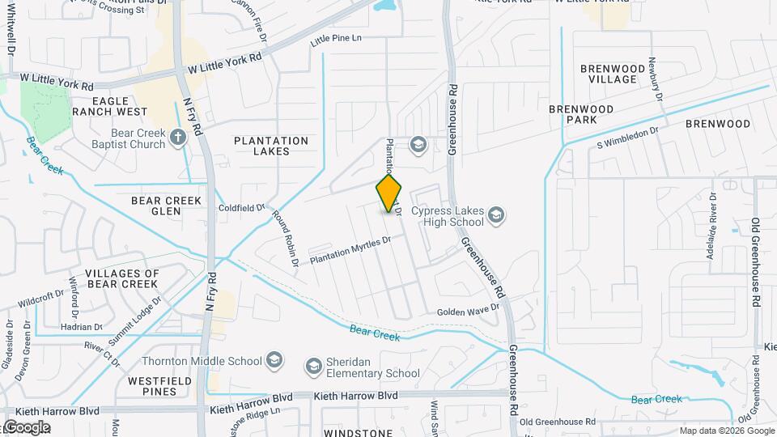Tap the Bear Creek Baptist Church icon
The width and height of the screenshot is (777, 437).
click(x=178, y=138)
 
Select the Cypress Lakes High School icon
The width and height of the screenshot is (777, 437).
click(x=495, y=215)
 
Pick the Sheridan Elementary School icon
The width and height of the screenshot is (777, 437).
click(x=313, y=367)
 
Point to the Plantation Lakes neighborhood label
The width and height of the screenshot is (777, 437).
click(x=271, y=146)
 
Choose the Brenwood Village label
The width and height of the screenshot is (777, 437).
click(x=612, y=74)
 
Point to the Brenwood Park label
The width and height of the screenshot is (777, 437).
click(x=584, y=114)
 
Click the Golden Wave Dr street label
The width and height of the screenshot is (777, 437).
click(x=469, y=312)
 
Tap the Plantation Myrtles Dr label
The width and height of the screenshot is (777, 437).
click(x=350, y=250)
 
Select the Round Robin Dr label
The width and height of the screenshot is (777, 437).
click(x=286, y=240)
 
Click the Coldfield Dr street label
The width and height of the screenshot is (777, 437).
click(x=241, y=208)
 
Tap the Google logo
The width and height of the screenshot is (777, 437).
click(x=26, y=427)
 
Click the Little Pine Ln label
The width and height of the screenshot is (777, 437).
click(x=336, y=39)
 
